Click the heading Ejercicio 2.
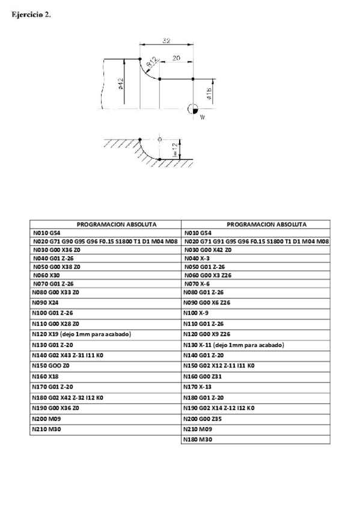31,16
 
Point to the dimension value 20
176,58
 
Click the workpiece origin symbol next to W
192,109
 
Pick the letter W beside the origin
203,117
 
